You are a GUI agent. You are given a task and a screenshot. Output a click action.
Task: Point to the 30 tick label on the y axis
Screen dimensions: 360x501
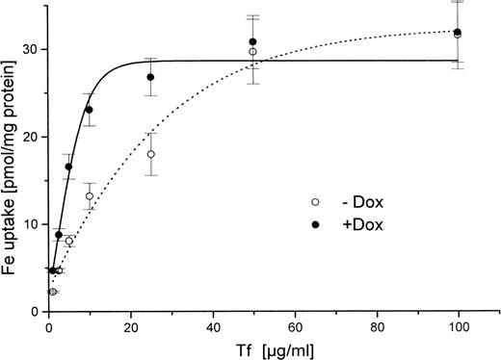pyautogui.click(x=32, y=49)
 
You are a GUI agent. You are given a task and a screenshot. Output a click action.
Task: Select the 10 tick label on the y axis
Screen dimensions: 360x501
pyautogui.click(x=32, y=224)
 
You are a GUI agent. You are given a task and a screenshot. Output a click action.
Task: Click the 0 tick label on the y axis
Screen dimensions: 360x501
pyautogui.click(x=36, y=312)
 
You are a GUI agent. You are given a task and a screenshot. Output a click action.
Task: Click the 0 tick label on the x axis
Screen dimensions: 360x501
pyautogui.click(x=48, y=327)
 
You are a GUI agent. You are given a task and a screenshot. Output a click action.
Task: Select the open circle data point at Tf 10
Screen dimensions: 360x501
pyautogui.click(x=90, y=196)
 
